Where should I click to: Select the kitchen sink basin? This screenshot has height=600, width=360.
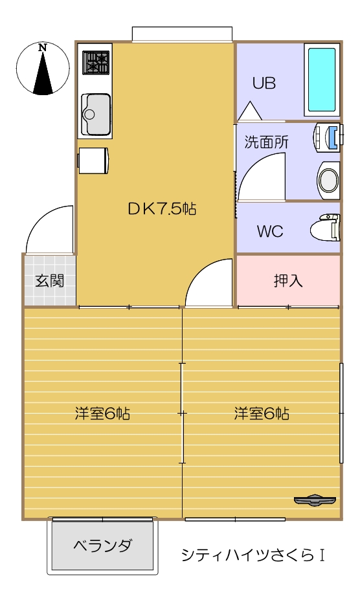coord(95,111)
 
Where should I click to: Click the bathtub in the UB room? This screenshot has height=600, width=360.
coord(322,80)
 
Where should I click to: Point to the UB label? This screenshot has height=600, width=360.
coord(264,83)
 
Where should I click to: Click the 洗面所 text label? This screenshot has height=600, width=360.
coord(266,143)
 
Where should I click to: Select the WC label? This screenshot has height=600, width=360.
coord(269,232)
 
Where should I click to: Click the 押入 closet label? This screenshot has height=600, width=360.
coord(287,281)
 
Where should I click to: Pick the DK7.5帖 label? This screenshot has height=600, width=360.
coord(161,208)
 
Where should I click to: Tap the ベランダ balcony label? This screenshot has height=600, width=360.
coord(102,545)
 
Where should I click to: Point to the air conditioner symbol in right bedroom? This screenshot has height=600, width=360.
coord(315,500)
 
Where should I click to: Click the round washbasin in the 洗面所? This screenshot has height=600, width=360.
coord(328,179)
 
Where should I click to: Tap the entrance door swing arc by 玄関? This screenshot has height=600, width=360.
coord(51,229)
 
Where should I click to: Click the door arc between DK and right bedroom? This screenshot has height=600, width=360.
coord(209,283)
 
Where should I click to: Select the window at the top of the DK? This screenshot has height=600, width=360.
coord(182,34)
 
